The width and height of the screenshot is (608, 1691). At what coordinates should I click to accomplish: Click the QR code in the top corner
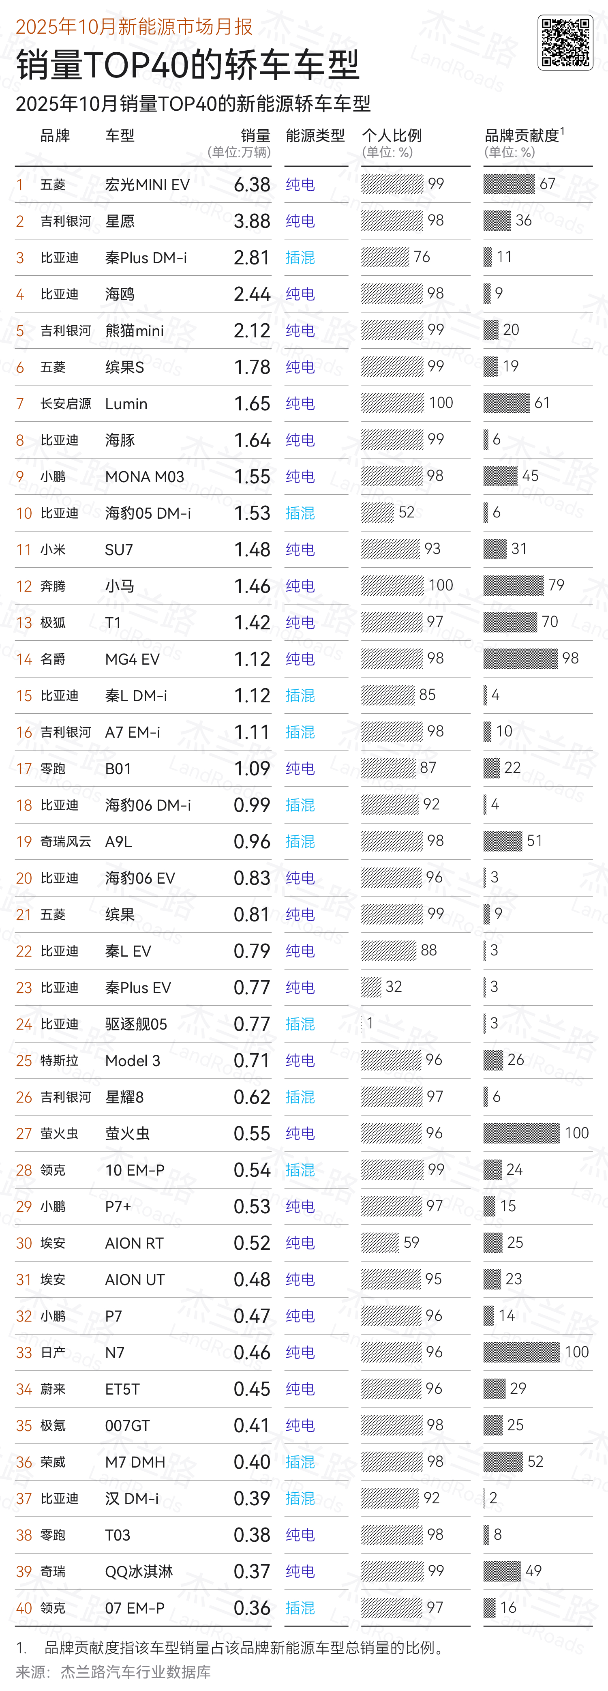565,43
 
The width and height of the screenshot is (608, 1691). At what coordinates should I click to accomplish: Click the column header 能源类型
315,136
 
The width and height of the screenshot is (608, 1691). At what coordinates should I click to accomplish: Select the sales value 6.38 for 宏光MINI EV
252,185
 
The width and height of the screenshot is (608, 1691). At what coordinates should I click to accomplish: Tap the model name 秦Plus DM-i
146,258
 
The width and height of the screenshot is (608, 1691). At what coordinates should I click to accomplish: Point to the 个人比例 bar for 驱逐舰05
362,1024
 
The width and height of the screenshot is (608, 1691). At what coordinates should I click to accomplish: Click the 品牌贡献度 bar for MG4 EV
520,659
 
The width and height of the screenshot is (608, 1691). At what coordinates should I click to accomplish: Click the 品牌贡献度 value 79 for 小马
556,585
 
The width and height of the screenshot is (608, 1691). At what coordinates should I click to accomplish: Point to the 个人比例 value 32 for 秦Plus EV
394,987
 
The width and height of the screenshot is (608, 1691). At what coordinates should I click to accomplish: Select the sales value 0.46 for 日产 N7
252,1353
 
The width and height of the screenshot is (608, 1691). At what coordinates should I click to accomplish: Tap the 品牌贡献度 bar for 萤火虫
521,1133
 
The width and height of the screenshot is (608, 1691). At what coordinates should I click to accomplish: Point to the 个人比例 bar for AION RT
380,1242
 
